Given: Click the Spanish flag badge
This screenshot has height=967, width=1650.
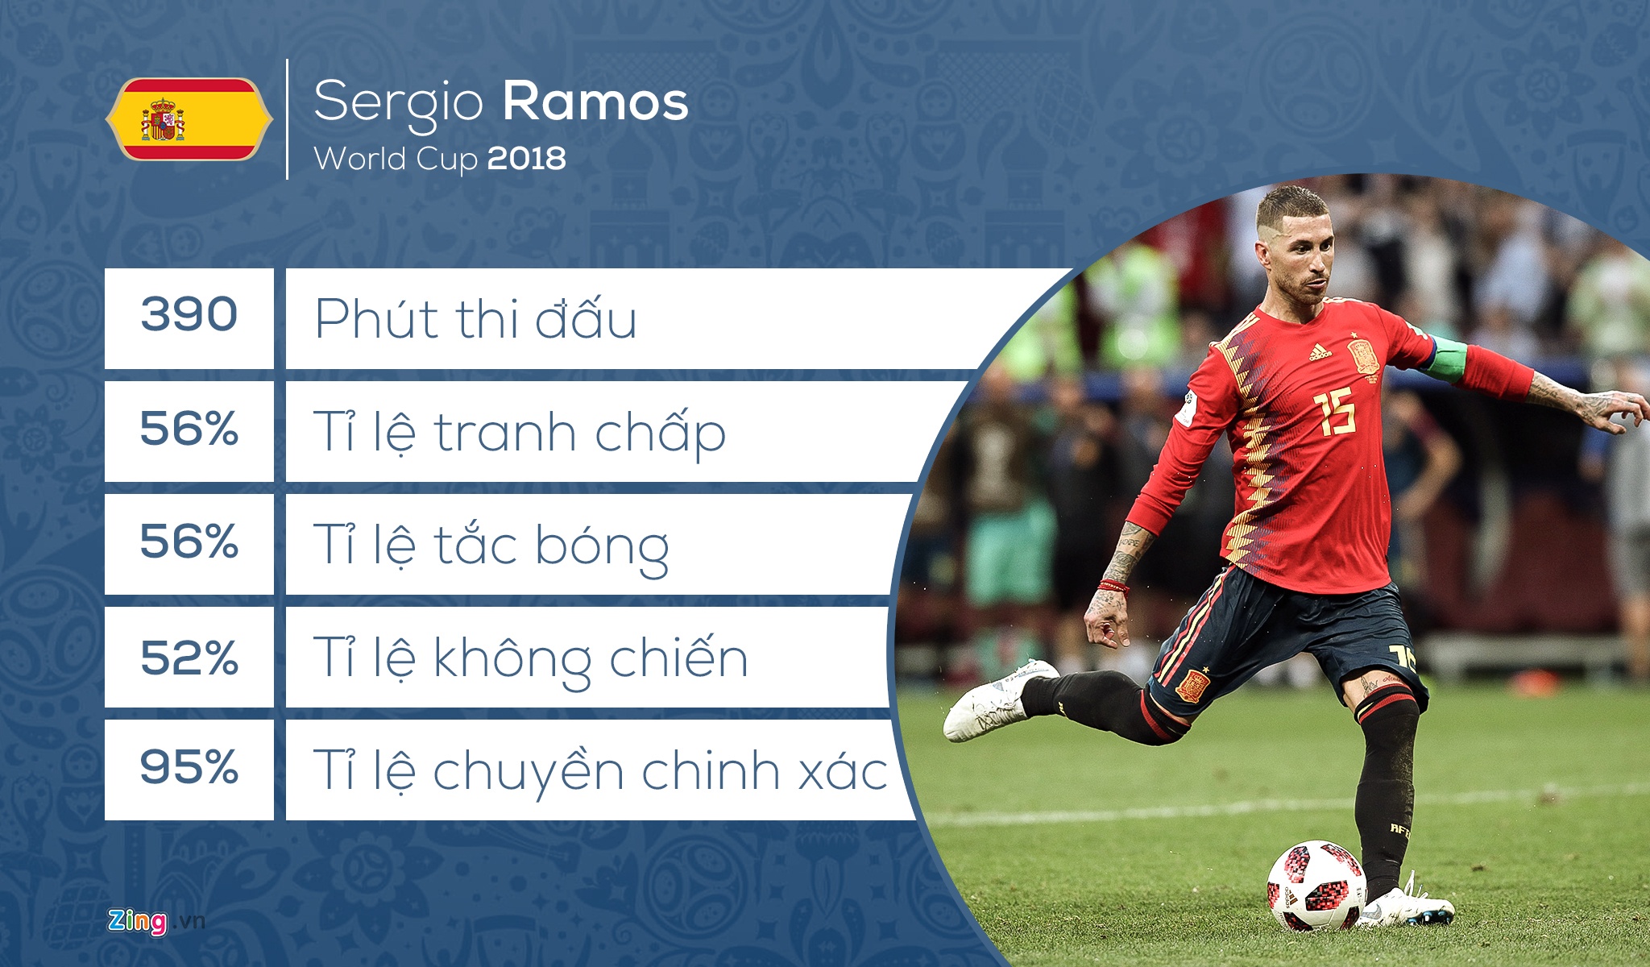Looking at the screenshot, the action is click(x=189, y=119).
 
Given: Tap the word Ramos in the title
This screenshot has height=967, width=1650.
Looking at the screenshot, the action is click(x=595, y=102).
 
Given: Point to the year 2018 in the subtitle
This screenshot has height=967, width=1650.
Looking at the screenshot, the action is click(x=526, y=158).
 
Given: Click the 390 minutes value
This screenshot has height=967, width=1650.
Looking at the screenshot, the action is click(x=189, y=314).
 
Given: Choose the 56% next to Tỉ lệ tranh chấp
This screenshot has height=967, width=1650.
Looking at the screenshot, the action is click(x=189, y=428).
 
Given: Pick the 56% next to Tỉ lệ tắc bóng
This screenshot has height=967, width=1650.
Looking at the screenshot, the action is click(x=189, y=541).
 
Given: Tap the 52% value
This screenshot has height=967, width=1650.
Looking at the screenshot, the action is click(x=189, y=658).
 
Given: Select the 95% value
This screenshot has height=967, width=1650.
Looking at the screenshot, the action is click(x=189, y=766).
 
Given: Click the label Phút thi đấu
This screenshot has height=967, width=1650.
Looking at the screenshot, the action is click(x=475, y=318).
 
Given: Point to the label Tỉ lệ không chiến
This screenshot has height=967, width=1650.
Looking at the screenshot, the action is click(x=531, y=659).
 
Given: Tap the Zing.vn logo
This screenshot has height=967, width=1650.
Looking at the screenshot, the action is click(x=156, y=921).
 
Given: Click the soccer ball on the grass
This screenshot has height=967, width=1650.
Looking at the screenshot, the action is click(x=1316, y=885).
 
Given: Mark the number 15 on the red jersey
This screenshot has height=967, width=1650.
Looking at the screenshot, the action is click(x=1336, y=413).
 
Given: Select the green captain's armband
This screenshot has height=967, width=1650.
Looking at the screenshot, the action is click(x=1448, y=359).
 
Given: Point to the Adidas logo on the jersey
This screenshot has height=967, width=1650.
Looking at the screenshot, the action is click(x=1320, y=352).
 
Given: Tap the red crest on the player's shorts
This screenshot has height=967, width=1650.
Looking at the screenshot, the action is click(x=1192, y=686).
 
